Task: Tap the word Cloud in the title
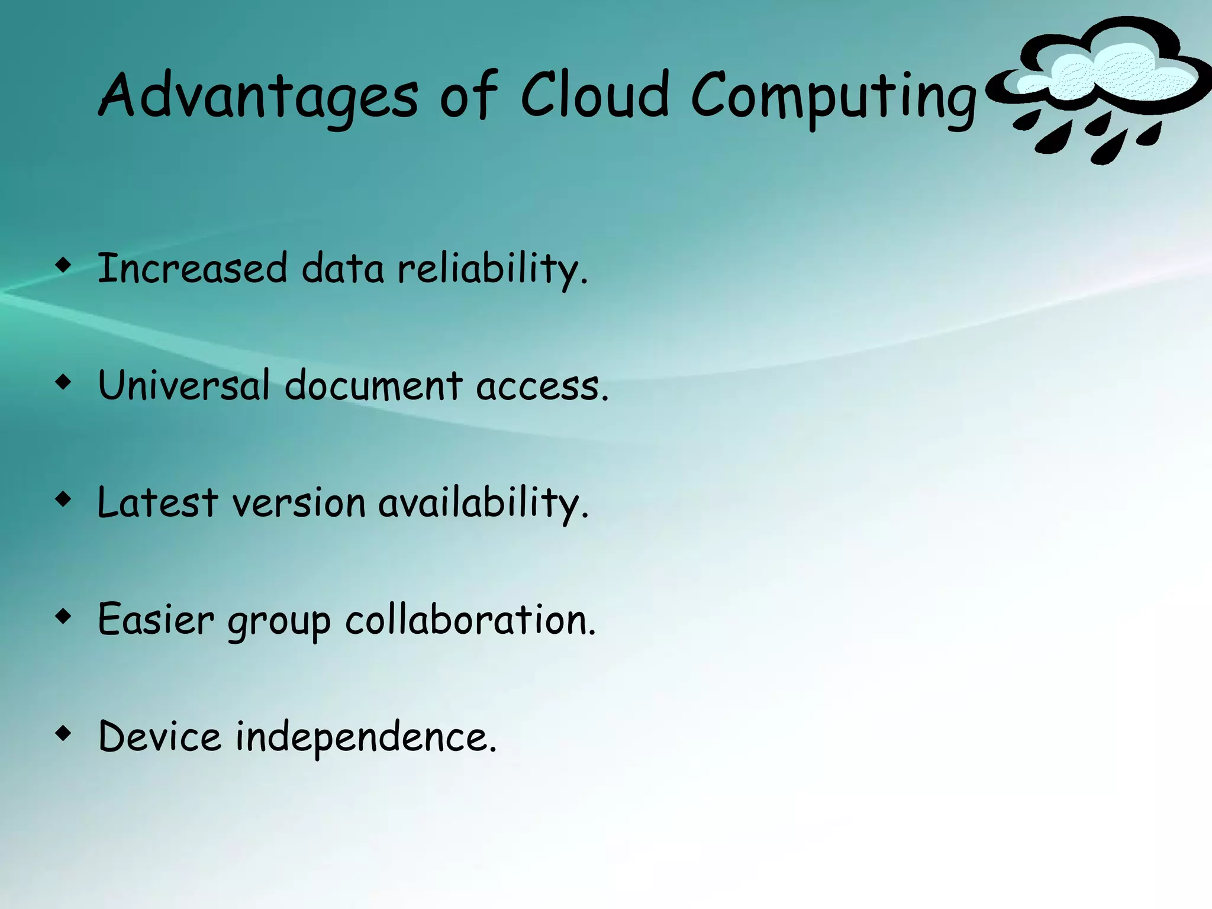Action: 595,95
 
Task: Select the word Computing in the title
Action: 833,98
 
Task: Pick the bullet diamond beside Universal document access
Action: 63,382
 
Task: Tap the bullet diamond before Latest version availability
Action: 63,499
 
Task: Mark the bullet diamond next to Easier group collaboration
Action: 63,617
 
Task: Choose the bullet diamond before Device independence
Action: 63,734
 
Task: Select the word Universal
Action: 183,385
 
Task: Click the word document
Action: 373,385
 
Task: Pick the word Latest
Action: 157,502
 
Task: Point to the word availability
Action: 482,504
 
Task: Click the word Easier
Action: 156,620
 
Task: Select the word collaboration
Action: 470,620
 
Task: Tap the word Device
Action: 160,737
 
